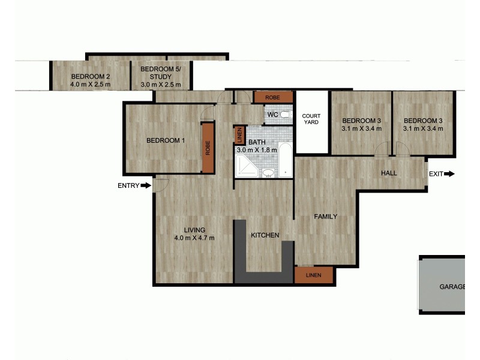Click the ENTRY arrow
tap(146, 186)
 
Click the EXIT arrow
tap(449, 174)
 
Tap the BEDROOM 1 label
tap(166, 141)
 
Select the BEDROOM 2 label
tap(90, 77)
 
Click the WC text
tap(272, 115)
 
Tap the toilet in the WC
tap(285, 114)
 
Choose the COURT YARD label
tap(311, 119)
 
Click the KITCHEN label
tap(265, 235)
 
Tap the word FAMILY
tap(326, 217)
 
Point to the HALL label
tap(389, 173)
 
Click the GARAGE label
tap(452, 287)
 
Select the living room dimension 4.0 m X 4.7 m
tap(194, 238)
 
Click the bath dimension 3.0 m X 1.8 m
tap(257, 149)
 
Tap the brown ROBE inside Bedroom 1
tap(208, 148)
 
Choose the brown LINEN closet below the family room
tap(314, 275)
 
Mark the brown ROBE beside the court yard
tap(273, 97)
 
